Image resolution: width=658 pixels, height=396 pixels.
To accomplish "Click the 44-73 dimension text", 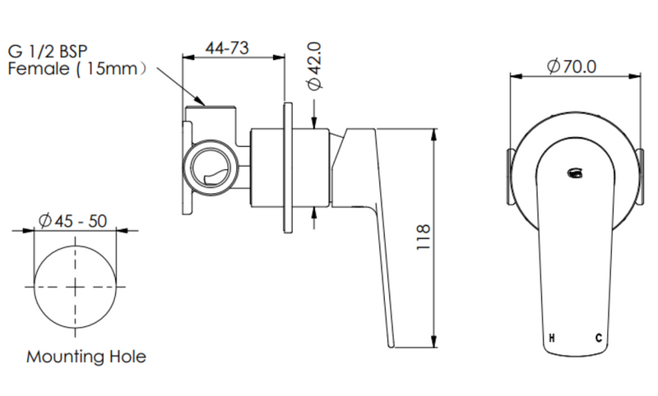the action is pyautogui.click(x=227, y=48).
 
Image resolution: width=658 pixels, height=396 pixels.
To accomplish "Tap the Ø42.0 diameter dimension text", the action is pyautogui.click(x=314, y=66).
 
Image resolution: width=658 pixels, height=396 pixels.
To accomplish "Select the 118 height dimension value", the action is pyautogui.click(x=424, y=237).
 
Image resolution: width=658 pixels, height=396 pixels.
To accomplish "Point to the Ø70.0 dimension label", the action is pyautogui.click(x=572, y=67).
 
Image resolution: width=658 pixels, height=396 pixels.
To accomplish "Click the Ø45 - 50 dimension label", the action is pyautogui.click(x=72, y=221).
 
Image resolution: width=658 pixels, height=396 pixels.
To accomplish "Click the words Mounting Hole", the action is pyautogui.click(x=86, y=357).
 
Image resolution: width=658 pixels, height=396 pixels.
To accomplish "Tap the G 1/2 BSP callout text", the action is pyautogui.click(x=48, y=52).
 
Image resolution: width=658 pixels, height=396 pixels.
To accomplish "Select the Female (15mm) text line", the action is pyautogui.click(x=77, y=68).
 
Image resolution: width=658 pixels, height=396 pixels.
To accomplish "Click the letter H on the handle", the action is pyautogui.click(x=552, y=338).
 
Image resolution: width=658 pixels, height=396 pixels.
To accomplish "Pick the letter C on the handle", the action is pyautogui.click(x=599, y=338).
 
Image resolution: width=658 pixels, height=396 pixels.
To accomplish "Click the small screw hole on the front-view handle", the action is pyautogui.click(x=574, y=173).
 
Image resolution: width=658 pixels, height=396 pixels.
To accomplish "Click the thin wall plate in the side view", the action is pyautogui.click(x=288, y=168).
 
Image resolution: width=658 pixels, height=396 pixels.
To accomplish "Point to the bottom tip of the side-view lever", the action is pyautogui.click(x=392, y=346).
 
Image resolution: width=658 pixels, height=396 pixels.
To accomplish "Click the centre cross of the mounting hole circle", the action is pyautogui.click(x=75, y=287).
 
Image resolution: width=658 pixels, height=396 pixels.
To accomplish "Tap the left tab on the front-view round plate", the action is pyautogui.click(x=509, y=177).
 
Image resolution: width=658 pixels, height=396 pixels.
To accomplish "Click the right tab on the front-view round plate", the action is pyautogui.click(x=641, y=177).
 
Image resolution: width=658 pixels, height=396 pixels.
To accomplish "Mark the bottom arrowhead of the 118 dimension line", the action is pyautogui.click(x=434, y=341).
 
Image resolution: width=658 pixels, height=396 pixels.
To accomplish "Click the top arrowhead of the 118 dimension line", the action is pyautogui.click(x=434, y=135).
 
